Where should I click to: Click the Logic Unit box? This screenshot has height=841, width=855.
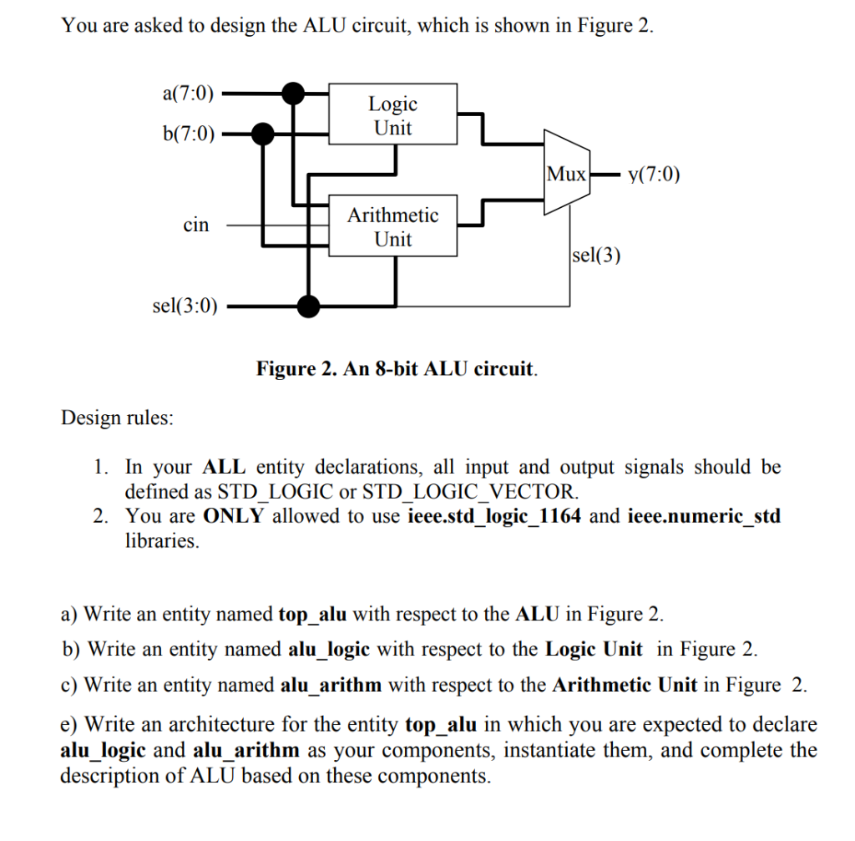(392, 115)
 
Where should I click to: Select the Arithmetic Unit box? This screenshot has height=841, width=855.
(392, 226)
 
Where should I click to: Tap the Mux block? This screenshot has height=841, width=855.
(567, 175)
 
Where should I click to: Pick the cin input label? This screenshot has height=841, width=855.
(196, 225)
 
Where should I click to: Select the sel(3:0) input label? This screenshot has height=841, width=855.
(185, 307)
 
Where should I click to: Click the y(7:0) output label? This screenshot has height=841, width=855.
(655, 175)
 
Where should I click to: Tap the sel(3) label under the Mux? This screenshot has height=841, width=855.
(597, 255)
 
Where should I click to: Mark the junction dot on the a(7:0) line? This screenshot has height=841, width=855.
(292, 93)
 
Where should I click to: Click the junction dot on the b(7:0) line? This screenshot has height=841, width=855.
(263, 132)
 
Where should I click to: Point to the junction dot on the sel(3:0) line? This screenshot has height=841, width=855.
(309, 307)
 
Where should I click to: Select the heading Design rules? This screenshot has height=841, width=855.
(118, 418)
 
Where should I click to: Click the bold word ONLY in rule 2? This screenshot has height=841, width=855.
(235, 515)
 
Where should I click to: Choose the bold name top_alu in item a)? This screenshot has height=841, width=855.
(311, 615)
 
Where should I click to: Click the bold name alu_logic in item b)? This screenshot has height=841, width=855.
(334, 649)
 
